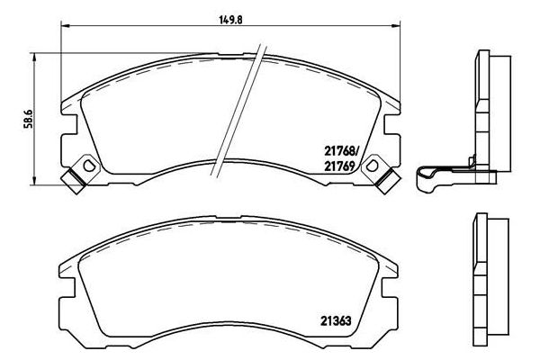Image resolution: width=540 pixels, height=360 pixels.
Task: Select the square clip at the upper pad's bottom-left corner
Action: (x=73, y=180)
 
